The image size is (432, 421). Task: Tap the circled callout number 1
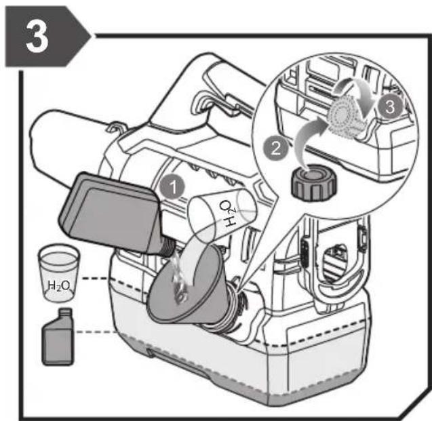173,186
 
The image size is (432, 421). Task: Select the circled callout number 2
276,148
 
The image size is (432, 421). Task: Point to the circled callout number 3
389,106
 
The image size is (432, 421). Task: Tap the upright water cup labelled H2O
59,273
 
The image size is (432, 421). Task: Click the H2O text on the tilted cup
228,214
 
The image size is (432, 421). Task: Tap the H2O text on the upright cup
59,286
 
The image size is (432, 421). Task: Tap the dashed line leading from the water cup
95,279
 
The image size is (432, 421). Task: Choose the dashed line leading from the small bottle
96,332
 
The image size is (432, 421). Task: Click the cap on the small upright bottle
65,313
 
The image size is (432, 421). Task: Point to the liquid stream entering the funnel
180,278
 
